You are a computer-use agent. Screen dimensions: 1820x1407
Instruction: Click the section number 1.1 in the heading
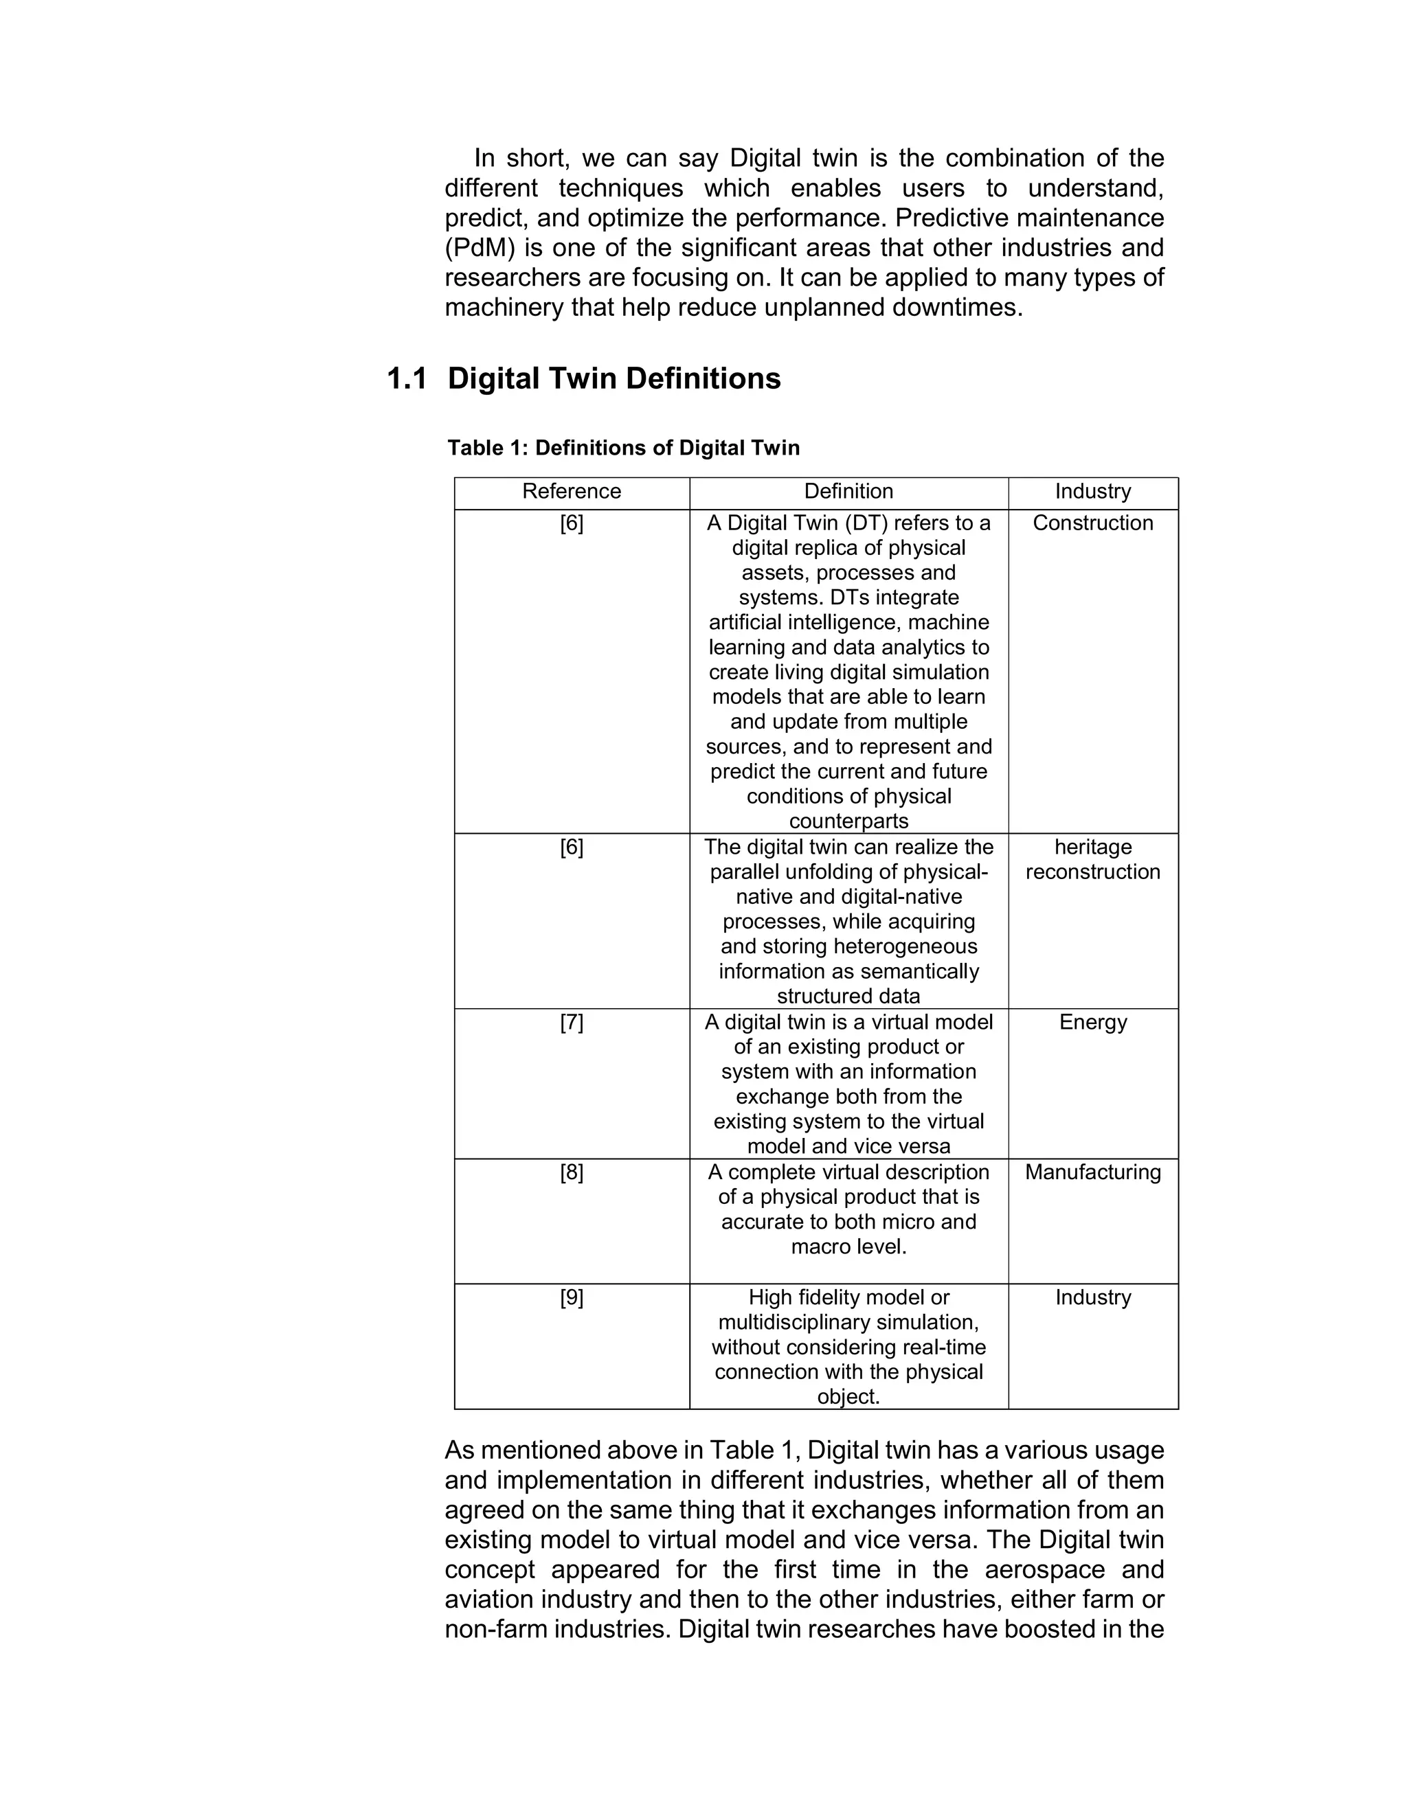pyautogui.click(x=407, y=379)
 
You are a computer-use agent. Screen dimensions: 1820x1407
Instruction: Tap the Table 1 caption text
pyautogui.click(x=624, y=448)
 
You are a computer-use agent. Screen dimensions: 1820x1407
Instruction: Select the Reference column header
pyautogui.click(x=572, y=492)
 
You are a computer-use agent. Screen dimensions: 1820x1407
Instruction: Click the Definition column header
pyautogui.click(x=848, y=492)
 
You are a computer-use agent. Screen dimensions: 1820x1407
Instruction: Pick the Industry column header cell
pyautogui.click(x=1093, y=492)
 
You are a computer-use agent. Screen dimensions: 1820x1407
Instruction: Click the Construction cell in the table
pyautogui.click(x=1093, y=523)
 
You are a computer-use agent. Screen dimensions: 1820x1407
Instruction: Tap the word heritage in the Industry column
pyautogui.click(x=1093, y=848)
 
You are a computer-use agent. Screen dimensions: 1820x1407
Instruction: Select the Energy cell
pyautogui.click(x=1093, y=1023)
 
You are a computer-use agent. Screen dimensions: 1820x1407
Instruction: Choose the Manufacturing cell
pyautogui.click(x=1093, y=1172)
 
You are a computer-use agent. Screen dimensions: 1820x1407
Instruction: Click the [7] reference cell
pyautogui.click(x=572, y=1023)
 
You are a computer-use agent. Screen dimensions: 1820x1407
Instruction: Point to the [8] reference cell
pyautogui.click(x=572, y=1172)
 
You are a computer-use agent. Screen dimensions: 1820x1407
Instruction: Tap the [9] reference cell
pyautogui.click(x=572, y=1297)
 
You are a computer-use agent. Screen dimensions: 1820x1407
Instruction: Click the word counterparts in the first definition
pyautogui.click(x=848, y=821)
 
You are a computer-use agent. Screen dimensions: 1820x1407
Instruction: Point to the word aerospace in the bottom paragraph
pyautogui.click(x=1045, y=1570)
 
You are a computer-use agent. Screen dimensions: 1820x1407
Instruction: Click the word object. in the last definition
pyautogui.click(x=848, y=1397)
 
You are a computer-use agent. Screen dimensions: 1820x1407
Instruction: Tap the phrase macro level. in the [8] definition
pyautogui.click(x=848, y=1247)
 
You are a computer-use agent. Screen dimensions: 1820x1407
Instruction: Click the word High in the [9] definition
pyautogui.click(x=767, y=1297)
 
